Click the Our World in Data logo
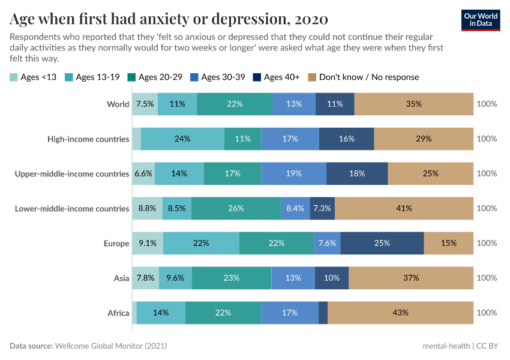tap(481, 20)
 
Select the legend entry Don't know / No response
tap(363, 77)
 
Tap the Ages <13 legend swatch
tap(14, 77)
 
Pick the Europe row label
tap(116, 243)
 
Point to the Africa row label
tap(118, 313)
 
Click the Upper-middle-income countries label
tap(72, 173)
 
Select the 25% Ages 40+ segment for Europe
tap(382, 243)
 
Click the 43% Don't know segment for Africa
tap(400, 313)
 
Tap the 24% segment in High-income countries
tap(182, 139)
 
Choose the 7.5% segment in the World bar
tap(145, 104)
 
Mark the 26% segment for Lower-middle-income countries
tap(236, 208)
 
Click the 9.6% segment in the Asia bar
tap(175, 278)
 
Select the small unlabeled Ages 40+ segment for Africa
tap(323, 313)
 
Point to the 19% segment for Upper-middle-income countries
tap(293, 173)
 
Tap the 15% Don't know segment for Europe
tap(448, 243)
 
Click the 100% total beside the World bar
tap(487, 104)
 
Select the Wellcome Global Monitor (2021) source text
tap(110, 346)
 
